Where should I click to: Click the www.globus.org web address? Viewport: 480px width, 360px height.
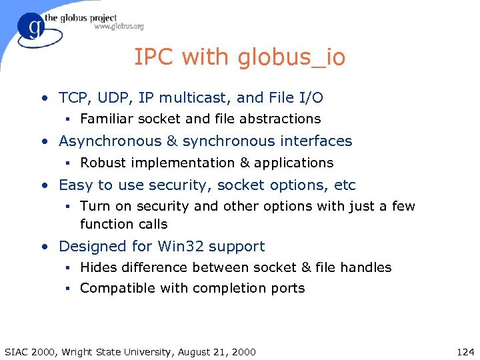[x=119, y=27]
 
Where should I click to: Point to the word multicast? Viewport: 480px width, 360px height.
[x=193, y=98]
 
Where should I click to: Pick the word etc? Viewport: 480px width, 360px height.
[x=345, y=185]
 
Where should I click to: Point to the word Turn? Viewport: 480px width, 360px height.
[x=95, y=207]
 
